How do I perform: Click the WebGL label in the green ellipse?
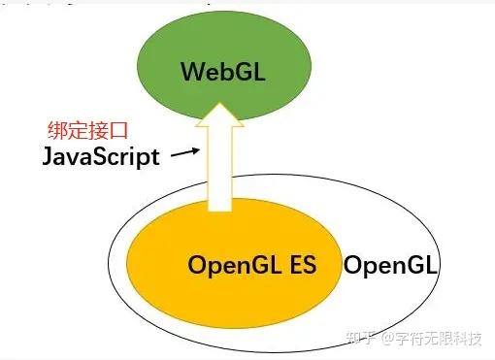click(222, 71)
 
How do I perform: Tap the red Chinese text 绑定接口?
click(82, 130)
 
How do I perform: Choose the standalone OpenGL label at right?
click(392, 264)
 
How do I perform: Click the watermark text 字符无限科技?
click(441, 339)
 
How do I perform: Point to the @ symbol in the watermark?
click(387, 340)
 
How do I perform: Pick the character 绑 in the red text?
click(56, 130)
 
